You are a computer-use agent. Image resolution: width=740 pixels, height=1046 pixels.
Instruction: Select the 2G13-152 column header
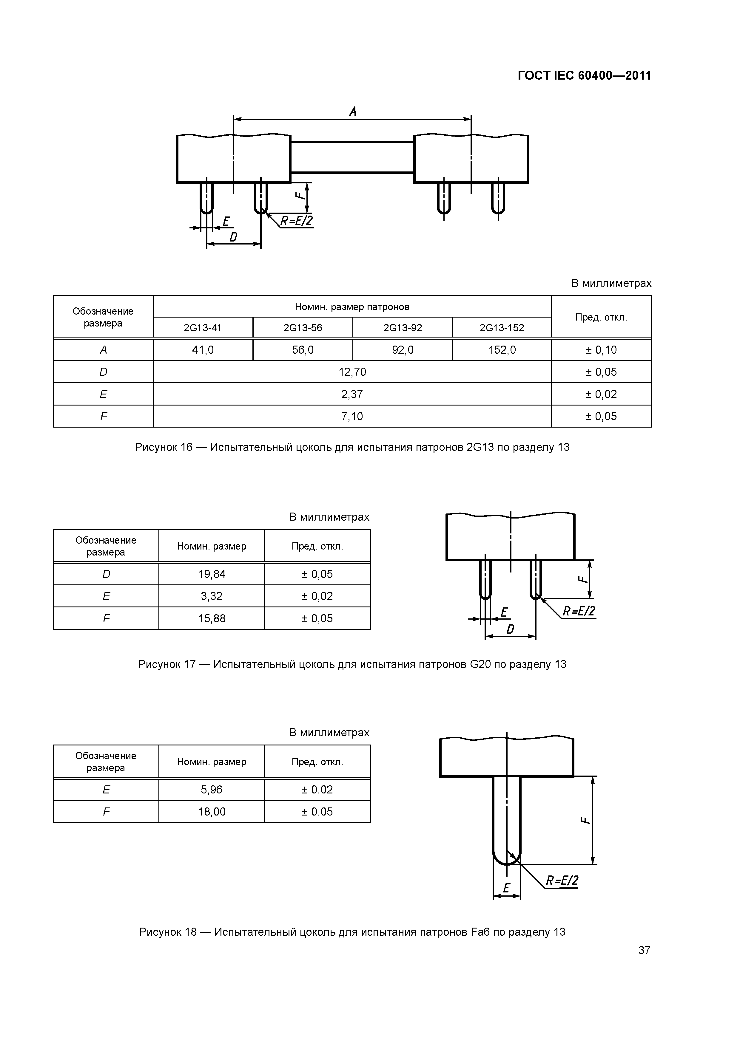502,328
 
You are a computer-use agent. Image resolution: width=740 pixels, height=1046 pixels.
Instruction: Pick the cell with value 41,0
203,350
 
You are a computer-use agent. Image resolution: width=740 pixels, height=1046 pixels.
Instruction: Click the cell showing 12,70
352,372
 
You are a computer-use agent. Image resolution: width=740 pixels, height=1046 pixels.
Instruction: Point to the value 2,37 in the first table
352,394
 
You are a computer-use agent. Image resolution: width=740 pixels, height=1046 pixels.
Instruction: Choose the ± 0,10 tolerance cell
601,350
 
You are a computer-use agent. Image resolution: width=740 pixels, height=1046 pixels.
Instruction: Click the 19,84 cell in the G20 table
212,574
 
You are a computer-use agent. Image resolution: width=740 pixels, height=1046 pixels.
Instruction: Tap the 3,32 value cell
212,596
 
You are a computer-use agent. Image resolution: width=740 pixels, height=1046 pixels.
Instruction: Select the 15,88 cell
212,618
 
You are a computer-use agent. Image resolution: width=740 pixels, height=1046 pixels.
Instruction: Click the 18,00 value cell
212,811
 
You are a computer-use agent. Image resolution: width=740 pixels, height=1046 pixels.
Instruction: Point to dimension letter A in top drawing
352,112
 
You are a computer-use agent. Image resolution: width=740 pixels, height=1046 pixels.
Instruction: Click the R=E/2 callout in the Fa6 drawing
562,881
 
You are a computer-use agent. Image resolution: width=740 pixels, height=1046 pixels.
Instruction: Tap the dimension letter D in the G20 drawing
510,629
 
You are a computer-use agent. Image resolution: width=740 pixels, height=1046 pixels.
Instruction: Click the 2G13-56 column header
303,328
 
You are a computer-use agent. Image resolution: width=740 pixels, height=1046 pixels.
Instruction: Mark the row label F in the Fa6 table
106,811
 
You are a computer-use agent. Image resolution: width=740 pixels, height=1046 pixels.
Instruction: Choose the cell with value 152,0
502,350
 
